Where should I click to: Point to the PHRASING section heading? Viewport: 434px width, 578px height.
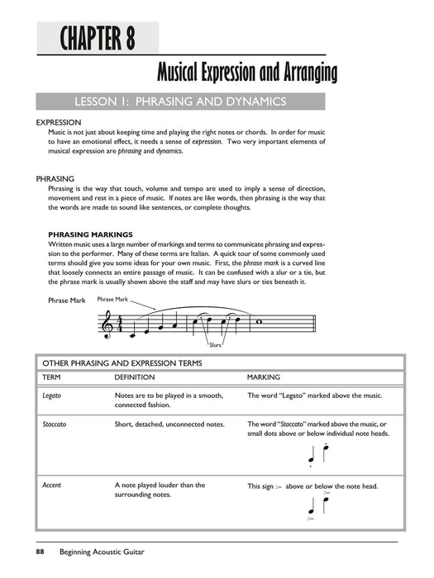pos(55,178)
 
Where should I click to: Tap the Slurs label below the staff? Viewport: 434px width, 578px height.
pos(217,344)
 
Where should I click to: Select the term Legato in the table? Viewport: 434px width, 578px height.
pos(52,396)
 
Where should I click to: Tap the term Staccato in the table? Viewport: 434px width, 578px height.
pos(55,424)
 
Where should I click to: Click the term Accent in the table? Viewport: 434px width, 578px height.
pos(51,486)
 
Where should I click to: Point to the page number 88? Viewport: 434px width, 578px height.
pos(39,552)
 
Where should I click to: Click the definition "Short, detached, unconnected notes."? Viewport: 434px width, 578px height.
pos(169,424)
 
